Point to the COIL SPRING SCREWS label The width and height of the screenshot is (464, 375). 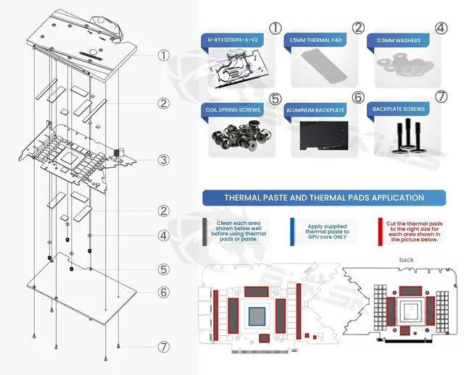point(233,109)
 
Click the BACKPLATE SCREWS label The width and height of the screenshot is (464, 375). point(399,109)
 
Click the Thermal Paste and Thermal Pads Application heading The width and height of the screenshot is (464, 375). point(324,197)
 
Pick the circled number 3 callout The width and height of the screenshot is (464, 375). point(165,159)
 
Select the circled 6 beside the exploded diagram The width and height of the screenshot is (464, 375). point(165,292)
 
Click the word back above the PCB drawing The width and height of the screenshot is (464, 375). point(407,259)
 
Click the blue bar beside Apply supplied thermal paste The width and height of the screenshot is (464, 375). point(293,229)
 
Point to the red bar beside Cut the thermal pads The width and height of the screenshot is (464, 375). point(381,229)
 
